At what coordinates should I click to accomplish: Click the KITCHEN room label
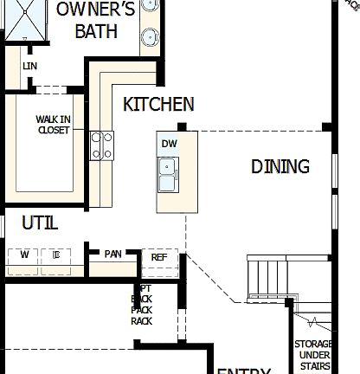pos(158,105)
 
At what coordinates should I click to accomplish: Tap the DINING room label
pos(280,166)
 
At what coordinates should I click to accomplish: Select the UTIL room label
pos(40,223)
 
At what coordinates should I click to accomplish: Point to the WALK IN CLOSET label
pos(54,125)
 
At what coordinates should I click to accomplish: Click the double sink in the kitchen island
pos(168,173)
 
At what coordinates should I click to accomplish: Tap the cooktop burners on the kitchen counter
pos(102,145)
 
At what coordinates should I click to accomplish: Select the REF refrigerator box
pos(159,257)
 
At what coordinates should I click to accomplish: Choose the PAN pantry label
pos(113,254)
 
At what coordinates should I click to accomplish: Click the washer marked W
pos(24,255)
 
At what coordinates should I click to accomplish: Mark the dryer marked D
pos(55,255)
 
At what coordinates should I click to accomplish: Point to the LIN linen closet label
pos(30,66)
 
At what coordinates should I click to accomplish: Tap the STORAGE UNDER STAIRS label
pos(313,355)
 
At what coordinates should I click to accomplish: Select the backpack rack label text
pos(142,304)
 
